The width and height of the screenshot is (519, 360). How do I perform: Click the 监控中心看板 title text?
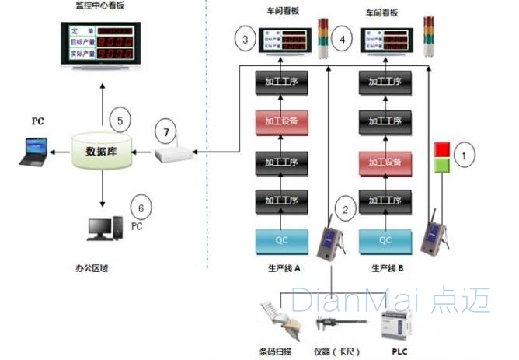100,7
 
